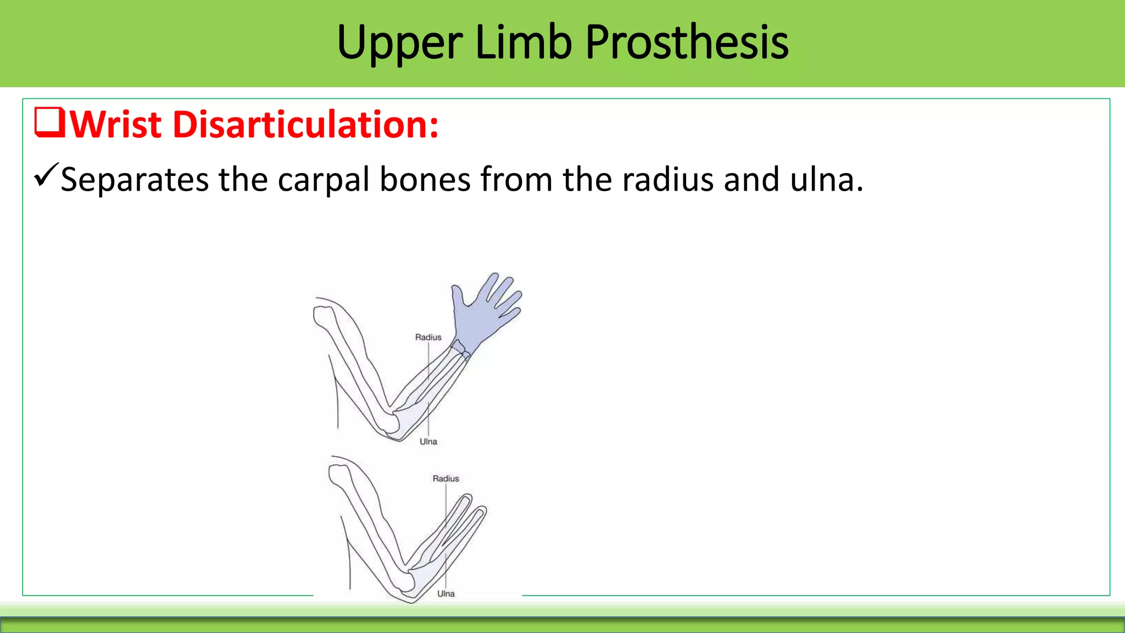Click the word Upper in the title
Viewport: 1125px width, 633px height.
coord(400,43)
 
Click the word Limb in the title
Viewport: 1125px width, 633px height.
coord(523,43)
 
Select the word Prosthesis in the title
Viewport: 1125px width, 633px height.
coord(687,43)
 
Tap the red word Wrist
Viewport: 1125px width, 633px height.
coord(116,125)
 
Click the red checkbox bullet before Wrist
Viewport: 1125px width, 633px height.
coord(49,123)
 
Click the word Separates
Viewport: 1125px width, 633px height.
coord(135,180)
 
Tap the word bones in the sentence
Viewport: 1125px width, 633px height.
coord(425,180)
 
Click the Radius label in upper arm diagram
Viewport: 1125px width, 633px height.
coord(428,337)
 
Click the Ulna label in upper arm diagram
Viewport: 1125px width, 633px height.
coord(428,442)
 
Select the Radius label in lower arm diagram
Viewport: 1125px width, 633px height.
coord(445,479)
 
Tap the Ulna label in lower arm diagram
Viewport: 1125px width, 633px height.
coord(445,594)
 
